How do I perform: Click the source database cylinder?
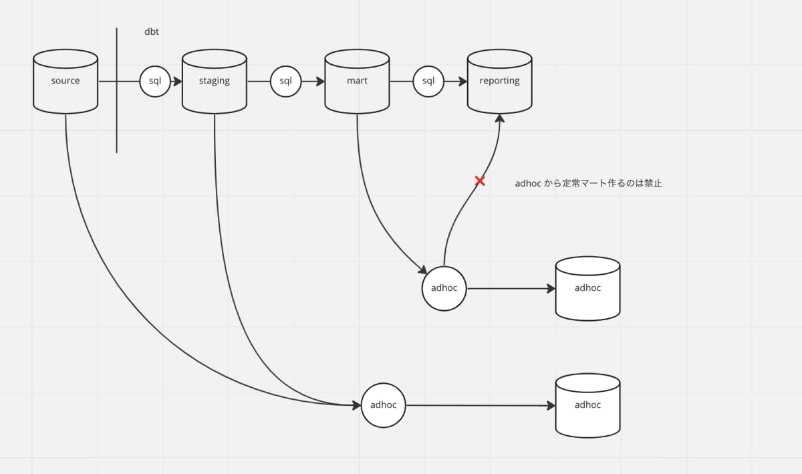[x=65, y=81]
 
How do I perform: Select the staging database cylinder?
[x=215, y=81]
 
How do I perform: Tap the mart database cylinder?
[x=357, y=81]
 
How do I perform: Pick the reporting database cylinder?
[x=499, y=81]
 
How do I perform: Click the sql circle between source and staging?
[x=155, y=82]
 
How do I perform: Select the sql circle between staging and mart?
[x=285, y=82]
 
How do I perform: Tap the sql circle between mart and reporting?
[x=428, y=82]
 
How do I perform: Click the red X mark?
[x=480, y=181]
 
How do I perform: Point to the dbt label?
[x=152, y=31]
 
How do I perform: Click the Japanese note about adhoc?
[x=588, y=183]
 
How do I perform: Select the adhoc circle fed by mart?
[x=444, y=288]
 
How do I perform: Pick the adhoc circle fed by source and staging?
[x=384, y=404]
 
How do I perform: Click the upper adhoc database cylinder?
[x=587, y=288]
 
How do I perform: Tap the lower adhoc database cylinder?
[x=587, y=405]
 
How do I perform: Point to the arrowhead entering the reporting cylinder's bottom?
[x=499, y=118]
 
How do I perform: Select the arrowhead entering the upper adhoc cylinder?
[x=550, y=289]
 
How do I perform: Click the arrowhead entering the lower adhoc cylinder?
[x=550, y=406]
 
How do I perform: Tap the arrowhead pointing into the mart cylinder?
[x=319, y=82]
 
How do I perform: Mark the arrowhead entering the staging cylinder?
[x=178, y=82]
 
